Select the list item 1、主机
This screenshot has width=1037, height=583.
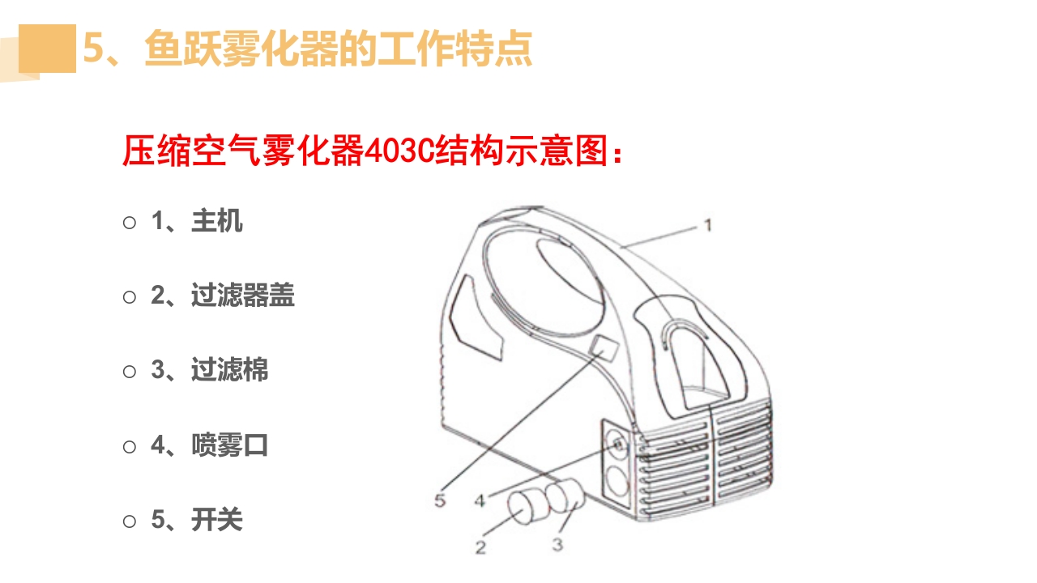[x=197, y=221]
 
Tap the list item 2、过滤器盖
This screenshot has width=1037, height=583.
[x=223, y=296]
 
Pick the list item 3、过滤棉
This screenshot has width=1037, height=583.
[x=210, y=370]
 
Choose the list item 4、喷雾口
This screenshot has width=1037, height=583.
[x=210, y=445]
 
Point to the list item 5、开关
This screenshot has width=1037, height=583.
[x=197, y=519]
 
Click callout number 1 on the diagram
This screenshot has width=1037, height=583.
[x=706, y=224]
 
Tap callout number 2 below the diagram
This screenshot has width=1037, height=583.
[x=480, y=547]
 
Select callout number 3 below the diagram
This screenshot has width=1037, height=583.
[x=557, y=545]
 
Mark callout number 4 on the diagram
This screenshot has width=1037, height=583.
[x=480, y=500]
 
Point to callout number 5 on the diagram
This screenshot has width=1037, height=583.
[x=440, y=500]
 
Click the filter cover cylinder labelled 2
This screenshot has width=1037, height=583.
[x=527, y=507]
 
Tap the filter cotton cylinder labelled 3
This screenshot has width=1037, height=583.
[x=565, y=496]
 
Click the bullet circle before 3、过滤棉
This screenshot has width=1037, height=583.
[x=130, y=371]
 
